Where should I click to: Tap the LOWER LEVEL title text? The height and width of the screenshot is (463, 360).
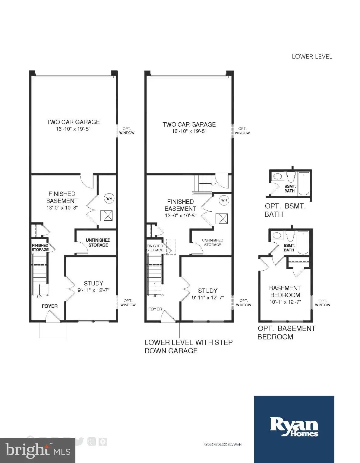[312, 56]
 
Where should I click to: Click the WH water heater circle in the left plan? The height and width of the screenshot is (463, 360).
[109, 199]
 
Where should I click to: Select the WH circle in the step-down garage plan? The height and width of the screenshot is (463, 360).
[224, 200]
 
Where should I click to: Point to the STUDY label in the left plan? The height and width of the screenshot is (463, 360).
[93, 283]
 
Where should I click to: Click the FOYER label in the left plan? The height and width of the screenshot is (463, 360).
[50, 306]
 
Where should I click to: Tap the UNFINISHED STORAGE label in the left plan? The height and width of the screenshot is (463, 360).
[98, 242]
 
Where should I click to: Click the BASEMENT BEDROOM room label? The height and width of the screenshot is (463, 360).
[285, 291]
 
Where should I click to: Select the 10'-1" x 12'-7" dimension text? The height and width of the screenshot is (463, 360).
[285, 302]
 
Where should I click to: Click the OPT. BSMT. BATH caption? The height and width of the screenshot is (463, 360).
[285, 210]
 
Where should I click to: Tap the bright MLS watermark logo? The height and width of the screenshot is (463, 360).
[38, 451]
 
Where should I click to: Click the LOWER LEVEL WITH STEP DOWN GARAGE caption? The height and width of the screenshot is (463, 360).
[188, 346]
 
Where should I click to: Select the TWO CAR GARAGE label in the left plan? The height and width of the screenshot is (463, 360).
[73, 122]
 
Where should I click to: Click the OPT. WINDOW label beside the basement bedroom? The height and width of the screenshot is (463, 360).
[323, 303]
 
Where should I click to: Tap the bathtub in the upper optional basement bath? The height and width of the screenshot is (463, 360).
[304, 184]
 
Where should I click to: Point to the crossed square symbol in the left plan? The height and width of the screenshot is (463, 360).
[106, 216]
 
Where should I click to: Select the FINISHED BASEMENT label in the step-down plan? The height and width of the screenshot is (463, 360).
[180, 205]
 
